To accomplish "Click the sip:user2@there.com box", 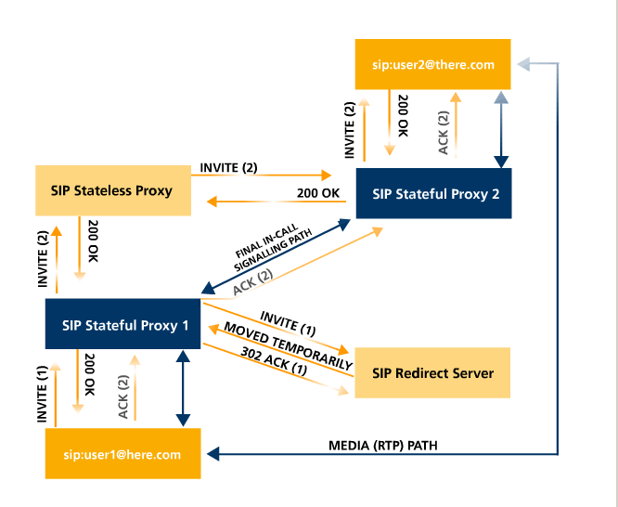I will [x=433, y=64].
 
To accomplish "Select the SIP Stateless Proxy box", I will [x=112, y=191].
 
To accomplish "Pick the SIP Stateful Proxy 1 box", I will [x=123, y=324].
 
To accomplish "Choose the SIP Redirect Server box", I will [x=432, y=373].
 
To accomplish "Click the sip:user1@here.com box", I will [x=123, y=454].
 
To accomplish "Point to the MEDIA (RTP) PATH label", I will [x=382, y=446].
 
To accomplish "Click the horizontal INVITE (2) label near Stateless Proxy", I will [x=228, y=168].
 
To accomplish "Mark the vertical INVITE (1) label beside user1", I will [x=42, y=395].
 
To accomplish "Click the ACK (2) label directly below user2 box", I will [x=444, y=132].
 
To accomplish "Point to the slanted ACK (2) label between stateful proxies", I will [x=251, y=283].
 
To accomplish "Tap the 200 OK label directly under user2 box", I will [x=403, y=117].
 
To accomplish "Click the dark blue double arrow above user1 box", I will [x=182, y=389].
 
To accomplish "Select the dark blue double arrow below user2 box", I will [x=501, y=129].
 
